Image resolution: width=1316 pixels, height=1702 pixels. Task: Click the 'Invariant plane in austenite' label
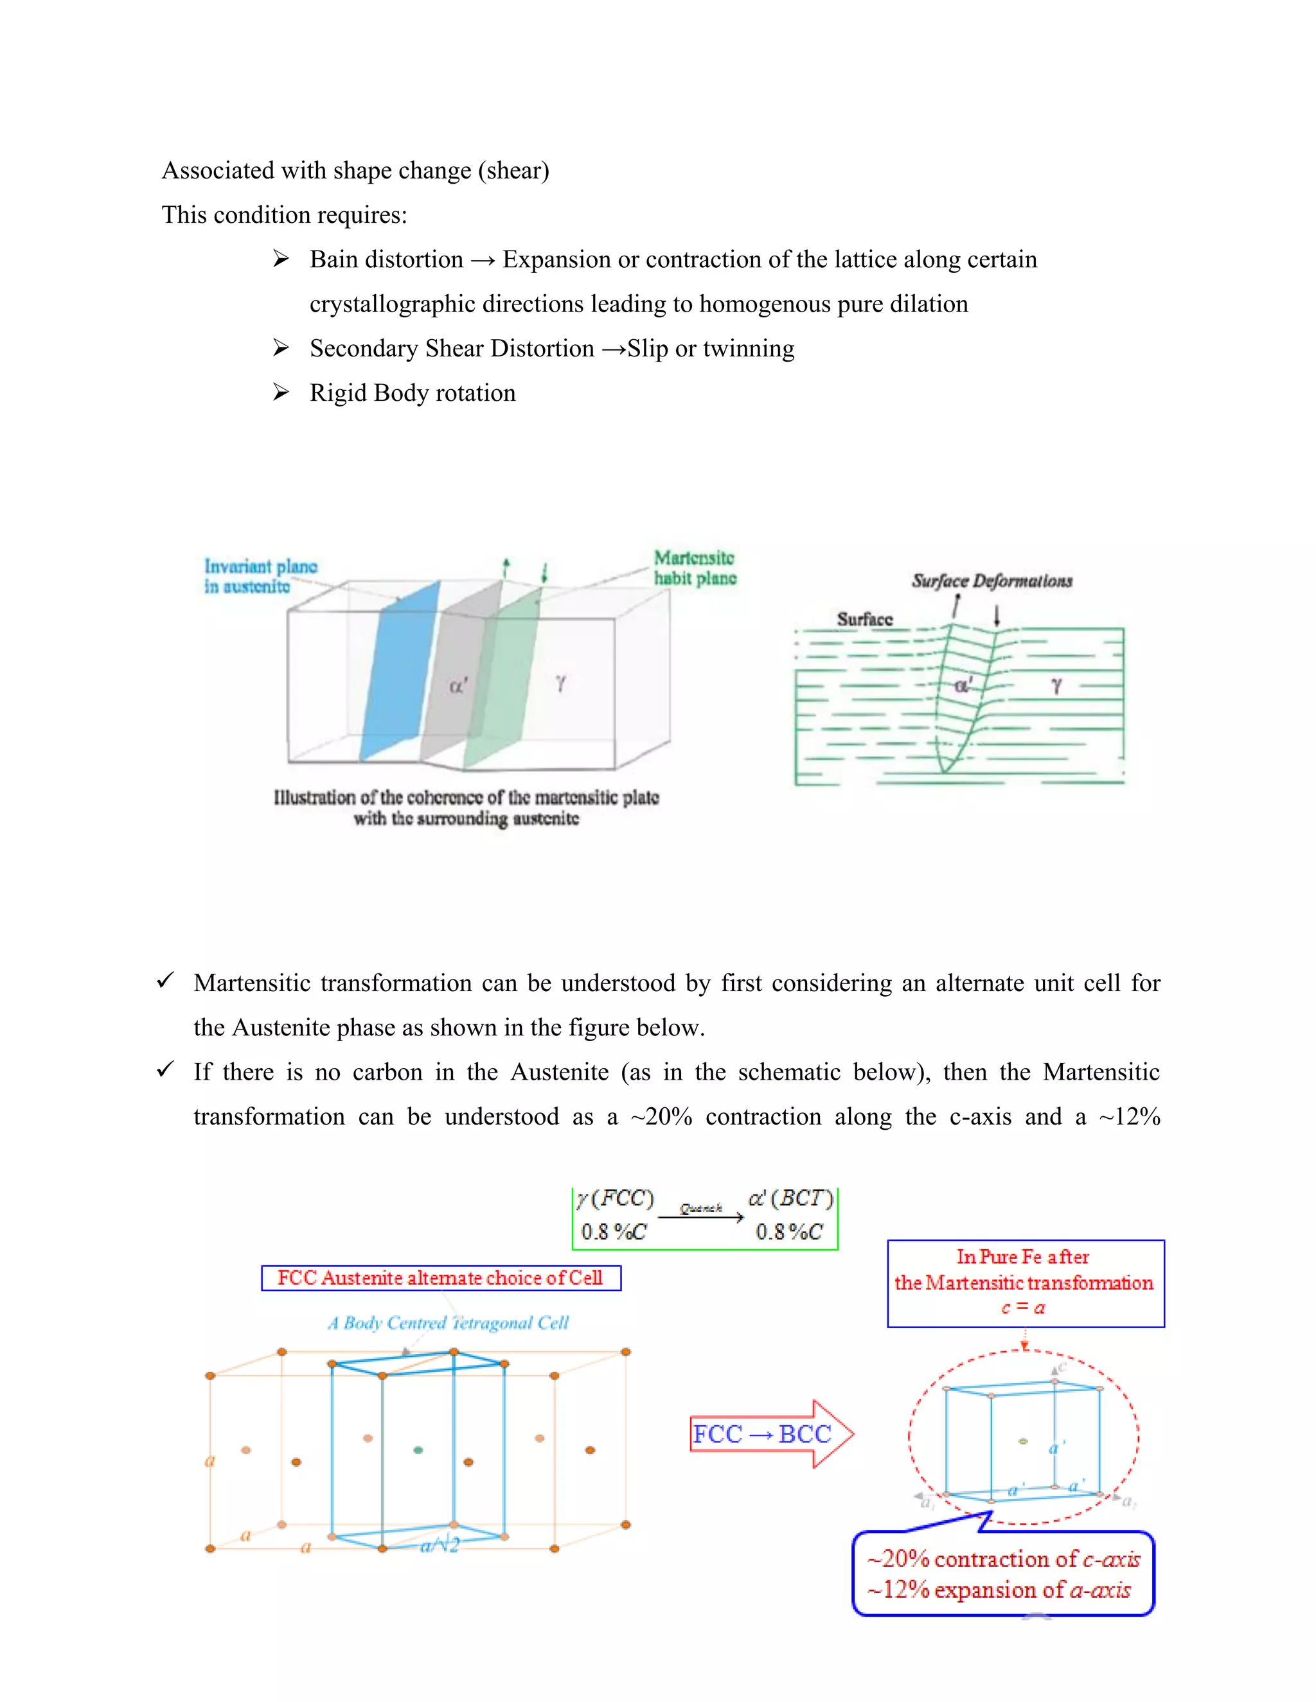[260, 576]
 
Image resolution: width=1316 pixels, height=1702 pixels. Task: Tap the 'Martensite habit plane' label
[694, 567]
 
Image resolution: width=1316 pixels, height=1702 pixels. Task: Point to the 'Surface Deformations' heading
[991, 581]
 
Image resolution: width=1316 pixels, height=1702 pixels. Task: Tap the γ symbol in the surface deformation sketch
[1056, 685]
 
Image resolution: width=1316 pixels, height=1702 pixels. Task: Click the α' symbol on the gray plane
[458, 686]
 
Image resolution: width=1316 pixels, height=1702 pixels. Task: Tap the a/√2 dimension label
[440, 1545]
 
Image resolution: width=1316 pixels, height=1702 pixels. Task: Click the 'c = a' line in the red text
[1023, 1308]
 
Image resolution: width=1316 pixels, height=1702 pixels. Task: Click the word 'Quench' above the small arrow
[700, 1208]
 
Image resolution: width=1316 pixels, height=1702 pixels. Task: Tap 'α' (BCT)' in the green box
[790, 1198]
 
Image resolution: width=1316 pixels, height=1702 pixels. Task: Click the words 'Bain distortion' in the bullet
[386, 259]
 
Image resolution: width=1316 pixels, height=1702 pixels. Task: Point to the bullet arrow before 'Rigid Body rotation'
[281, 392]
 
